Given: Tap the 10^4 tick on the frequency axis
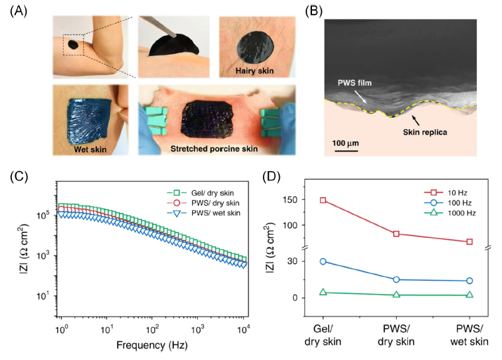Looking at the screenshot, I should [243, 328].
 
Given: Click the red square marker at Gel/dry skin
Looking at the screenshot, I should [323, 200].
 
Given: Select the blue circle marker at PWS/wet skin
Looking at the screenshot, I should [469, 281].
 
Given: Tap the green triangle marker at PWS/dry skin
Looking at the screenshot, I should [397, 295].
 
